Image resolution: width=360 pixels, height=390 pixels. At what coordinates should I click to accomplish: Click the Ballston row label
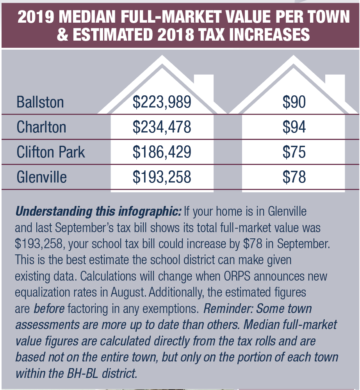pos(40,102)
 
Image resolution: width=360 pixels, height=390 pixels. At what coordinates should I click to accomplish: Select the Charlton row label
pos(41,127)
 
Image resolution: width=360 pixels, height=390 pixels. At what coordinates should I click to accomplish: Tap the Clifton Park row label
pos(50,152)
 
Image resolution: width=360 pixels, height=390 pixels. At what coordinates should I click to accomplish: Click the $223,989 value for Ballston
pos(162,102)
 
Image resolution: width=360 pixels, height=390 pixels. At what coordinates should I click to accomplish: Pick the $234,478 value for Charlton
pos(162,127)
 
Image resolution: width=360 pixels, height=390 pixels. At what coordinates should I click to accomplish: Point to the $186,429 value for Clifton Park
pos(162,152)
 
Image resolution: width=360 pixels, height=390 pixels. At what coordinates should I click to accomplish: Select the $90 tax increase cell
pos(294,102)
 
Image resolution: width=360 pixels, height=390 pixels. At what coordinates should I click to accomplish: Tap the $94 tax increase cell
pos(294,127)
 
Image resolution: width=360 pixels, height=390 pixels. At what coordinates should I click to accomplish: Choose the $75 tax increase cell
pos(294,152)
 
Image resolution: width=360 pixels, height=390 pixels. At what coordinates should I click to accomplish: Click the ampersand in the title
pos(62,35)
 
